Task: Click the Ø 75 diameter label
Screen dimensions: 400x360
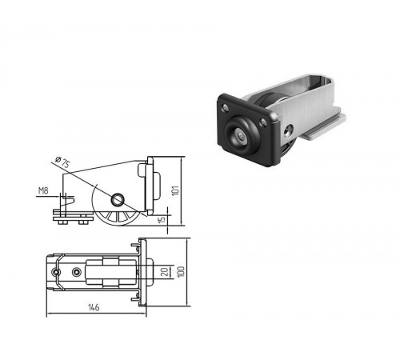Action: tap(62, 162)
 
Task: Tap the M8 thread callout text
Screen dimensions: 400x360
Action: tap(43, 191)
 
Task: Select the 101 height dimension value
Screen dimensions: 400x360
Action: tap(175, 190)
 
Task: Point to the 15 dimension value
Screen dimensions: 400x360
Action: tap(162, 220)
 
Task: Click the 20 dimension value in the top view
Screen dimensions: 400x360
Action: tap(165, 272)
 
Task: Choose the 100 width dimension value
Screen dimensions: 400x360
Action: tap(181, 272)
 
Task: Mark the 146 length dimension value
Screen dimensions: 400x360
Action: tap(94, 307)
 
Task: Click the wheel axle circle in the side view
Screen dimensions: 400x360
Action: tap(118, 200)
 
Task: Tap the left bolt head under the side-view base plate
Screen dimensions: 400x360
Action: tap(62, 222)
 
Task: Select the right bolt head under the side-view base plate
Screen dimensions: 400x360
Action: tap(83, 222)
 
